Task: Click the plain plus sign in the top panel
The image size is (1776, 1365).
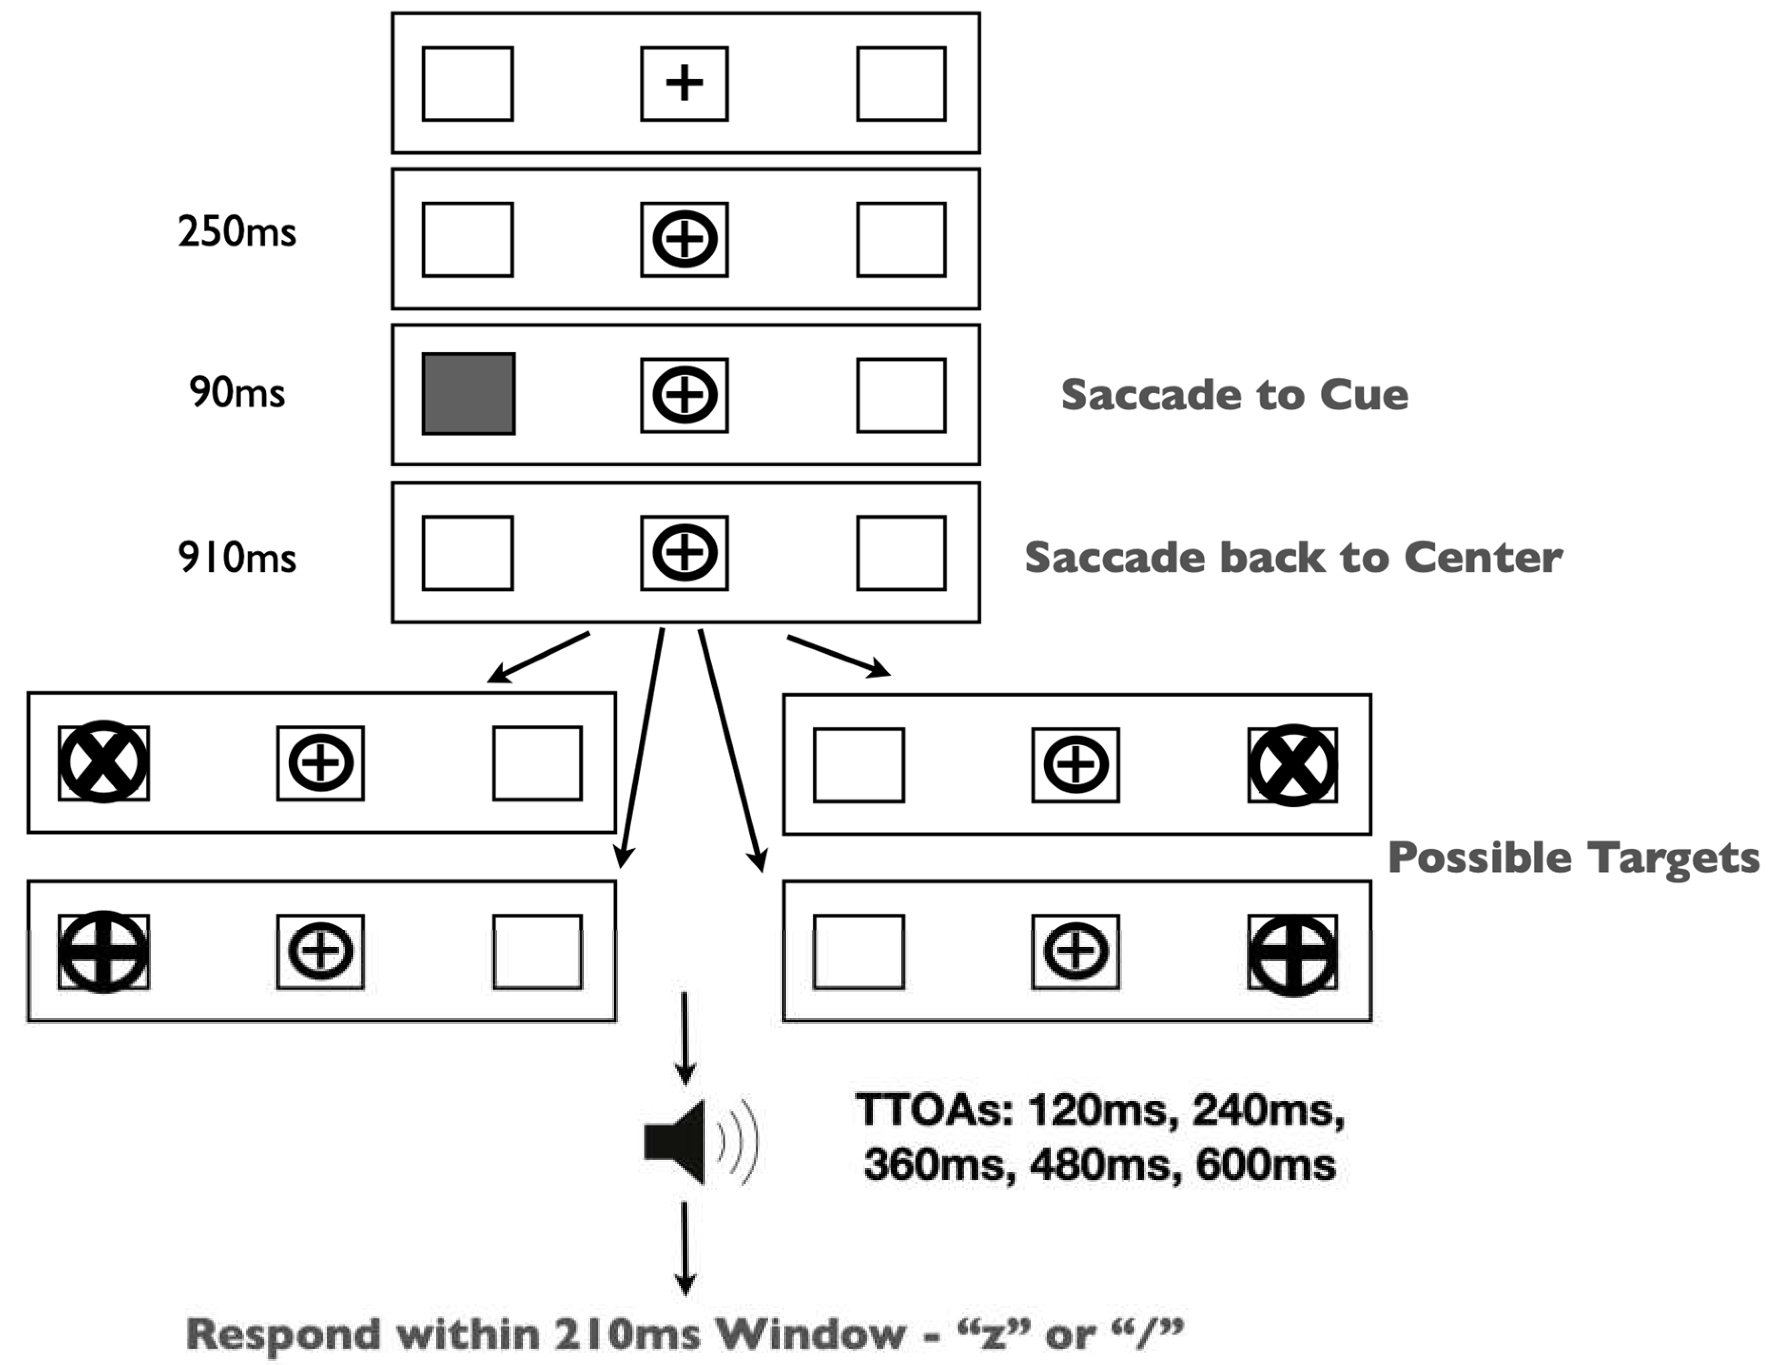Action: pyautogui.click(x=684, y=83)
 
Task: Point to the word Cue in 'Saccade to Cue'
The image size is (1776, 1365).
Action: pyautogui.click(x=1363, y=395)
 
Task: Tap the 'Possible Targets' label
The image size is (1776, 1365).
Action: pyautogui.click(x=1573, y=857)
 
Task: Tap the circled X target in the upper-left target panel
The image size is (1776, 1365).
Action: pyautogui.click(x=103, y=762)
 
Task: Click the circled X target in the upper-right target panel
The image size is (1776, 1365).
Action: pyautogui.click(x=1292, y=764)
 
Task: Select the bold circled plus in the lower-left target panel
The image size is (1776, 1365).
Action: pyautogui.click(x=103, y=952)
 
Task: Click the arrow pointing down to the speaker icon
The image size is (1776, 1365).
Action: pyautogui.click(x=685, y=1038)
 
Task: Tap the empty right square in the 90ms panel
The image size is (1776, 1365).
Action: pyautogui.click(x=901, y=395)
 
